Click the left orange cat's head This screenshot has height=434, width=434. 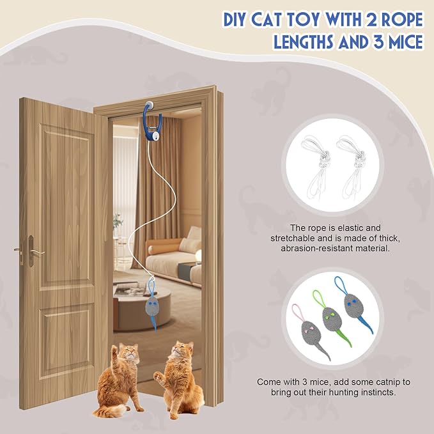(128, 353)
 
